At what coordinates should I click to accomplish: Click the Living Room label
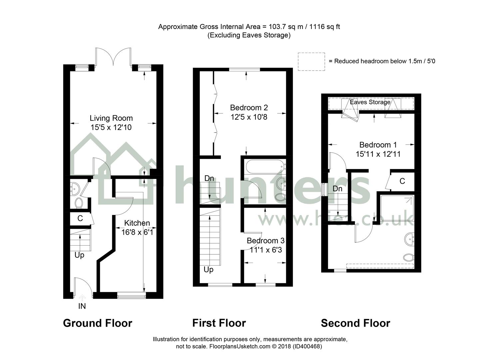coord(111,118)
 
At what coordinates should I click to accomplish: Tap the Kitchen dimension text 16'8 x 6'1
coord(137,232)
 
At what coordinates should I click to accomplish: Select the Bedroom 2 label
coord(249,108)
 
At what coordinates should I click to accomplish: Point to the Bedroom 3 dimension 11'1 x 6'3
coord(266,250)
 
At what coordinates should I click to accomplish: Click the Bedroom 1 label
coord(378,145)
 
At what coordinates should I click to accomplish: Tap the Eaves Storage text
coord(370,102)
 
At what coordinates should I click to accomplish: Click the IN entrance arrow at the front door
coord(82,298)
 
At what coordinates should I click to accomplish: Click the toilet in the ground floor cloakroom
coord(79,203)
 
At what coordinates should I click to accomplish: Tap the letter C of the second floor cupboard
coord(402,181)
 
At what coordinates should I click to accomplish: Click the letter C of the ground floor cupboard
coord(80,218)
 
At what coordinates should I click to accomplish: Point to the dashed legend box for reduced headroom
coord(311,62)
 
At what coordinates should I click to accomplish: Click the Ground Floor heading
coord(98,323)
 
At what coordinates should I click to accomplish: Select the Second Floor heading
coord(355,323)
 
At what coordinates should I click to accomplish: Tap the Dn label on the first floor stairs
coord(209,178)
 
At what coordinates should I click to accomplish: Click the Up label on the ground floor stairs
coord(79,255)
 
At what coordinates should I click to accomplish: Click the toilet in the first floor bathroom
coord(280,197)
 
